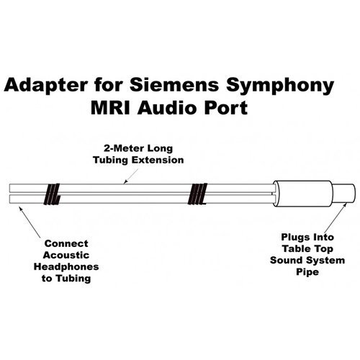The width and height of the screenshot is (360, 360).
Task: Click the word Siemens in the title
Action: (x=174, y=85)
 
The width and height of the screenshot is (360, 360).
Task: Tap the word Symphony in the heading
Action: (x=280, y=86)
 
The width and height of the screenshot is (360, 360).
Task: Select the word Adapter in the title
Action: (x=46, y=86)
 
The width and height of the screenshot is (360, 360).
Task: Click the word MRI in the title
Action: (x=110, y=108)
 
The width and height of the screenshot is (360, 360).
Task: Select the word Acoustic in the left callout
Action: (x=66, y=255)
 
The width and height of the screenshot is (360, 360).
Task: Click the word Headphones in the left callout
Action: (x=66, y=267)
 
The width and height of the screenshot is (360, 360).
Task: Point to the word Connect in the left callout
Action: (x=66, y=243)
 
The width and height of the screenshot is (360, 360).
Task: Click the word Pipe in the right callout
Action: (x=307, y=272)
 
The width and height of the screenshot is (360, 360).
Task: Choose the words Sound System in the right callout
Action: (x=307, y=261)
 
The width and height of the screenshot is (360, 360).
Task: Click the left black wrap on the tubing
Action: (x=52, y=194)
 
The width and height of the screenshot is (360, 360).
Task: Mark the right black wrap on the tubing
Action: (x=197, y=194)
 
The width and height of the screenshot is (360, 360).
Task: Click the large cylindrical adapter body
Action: (x=304, y=194)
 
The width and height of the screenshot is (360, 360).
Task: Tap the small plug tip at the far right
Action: (x=344, y=194)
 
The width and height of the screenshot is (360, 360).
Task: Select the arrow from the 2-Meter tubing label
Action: (x=131, y=176)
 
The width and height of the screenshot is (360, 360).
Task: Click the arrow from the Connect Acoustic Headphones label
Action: (x=30, y=222)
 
